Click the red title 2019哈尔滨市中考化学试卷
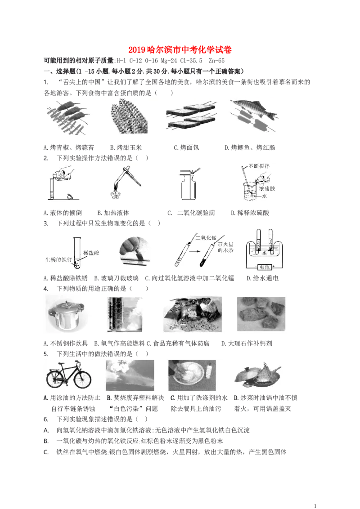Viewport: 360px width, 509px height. point(180,49)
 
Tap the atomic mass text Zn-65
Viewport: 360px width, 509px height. point(216,60)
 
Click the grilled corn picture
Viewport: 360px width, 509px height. point(129,116)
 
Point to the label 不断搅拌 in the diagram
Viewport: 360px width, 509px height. point(259,166)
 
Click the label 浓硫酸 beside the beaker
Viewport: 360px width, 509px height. point(267,188)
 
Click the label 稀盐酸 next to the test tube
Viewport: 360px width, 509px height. point(91,253)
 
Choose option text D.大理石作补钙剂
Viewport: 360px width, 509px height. point(247,343)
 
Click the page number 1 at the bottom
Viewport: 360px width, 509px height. point(315,506)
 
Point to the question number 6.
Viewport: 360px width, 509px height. point(46,419)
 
